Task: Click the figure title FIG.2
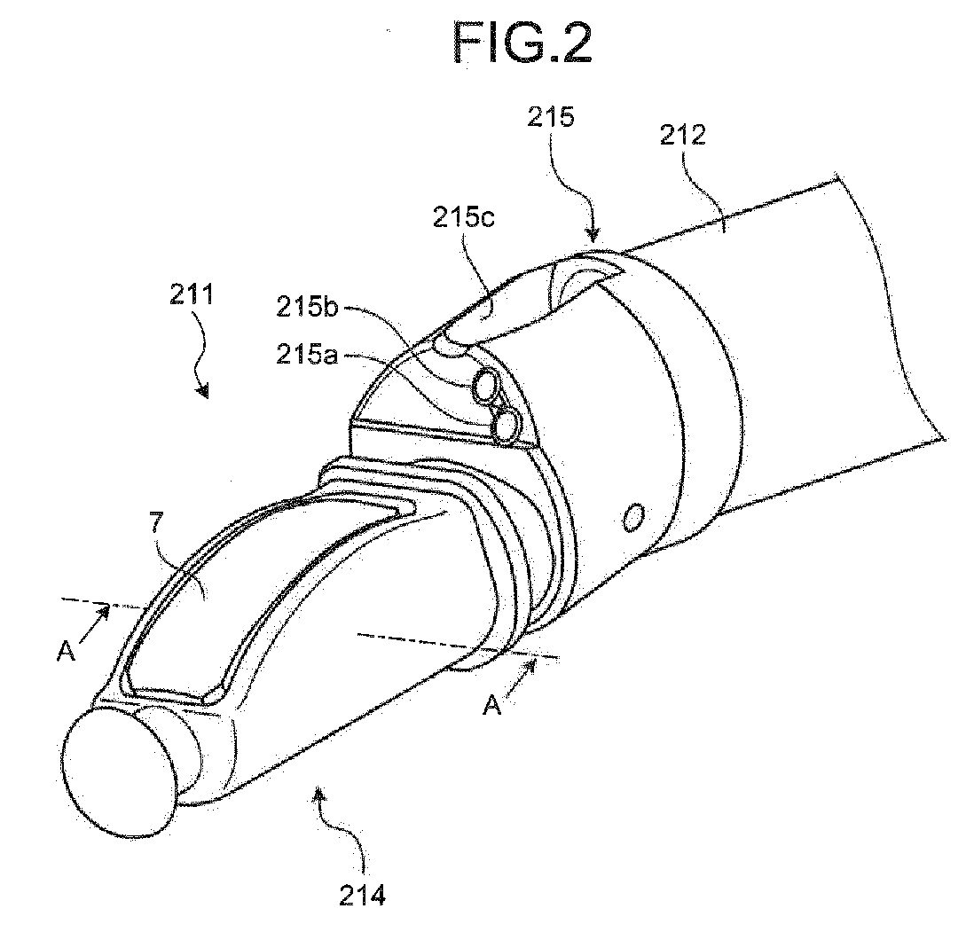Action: (x=522, y=43)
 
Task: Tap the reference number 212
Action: (x=683, y=135)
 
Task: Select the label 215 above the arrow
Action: (x=551, y=117)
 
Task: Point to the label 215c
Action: (x=463, y=218)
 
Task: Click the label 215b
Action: (x=308, y=307)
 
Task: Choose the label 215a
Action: (x=308, y=355)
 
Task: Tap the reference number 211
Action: (x=192, y=294)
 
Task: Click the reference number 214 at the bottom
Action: (x=362, y=896)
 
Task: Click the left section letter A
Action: (x=66, y=651)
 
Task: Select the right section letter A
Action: (x=492, y=705)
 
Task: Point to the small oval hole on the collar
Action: (x=634, y=517)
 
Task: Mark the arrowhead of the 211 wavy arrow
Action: (x=202, y=390)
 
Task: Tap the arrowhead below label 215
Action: (x=593, y=235)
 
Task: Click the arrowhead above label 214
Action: (x=318, y=792)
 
